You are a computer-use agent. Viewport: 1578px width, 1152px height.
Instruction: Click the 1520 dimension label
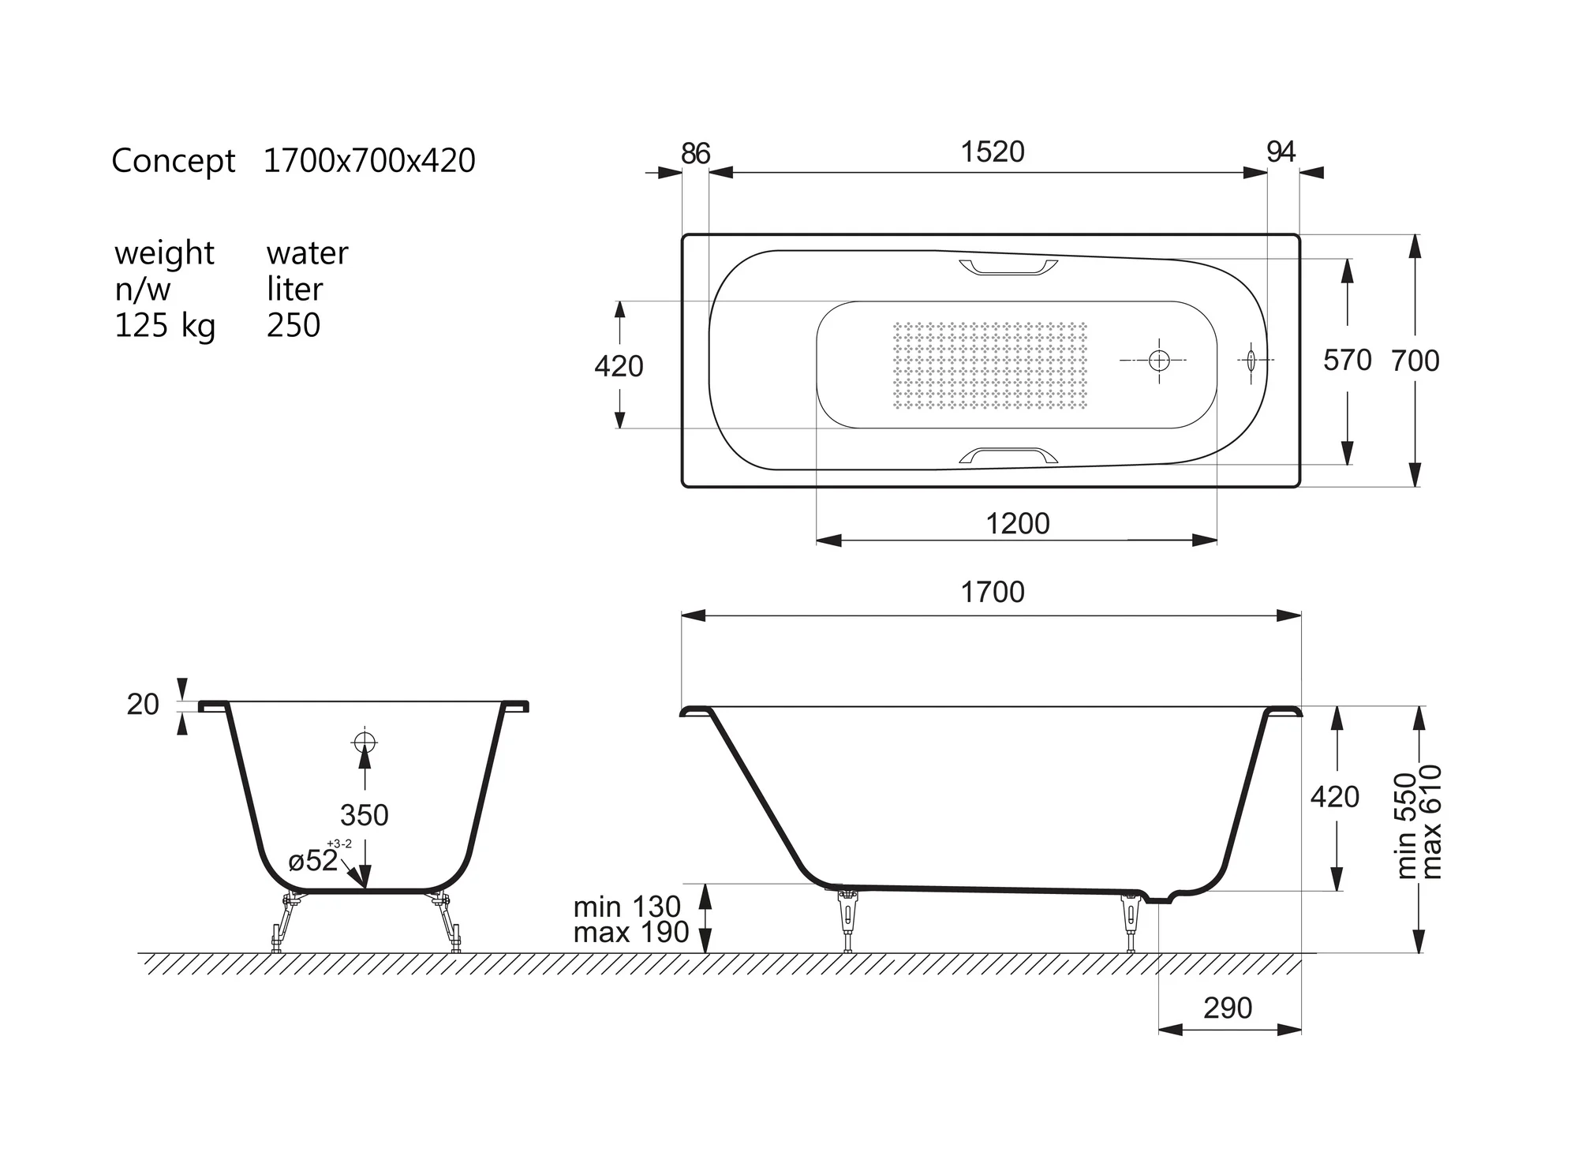(x=993, y=151)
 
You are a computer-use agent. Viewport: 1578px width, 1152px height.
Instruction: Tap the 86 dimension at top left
(x=695, y=153)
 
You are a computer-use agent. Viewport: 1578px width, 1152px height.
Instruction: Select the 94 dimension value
(x=1281, y=151)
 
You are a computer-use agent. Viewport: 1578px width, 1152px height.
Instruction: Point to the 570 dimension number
(x=1348, y=360)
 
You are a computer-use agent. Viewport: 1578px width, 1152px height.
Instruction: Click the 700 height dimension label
(x=1415, y=361)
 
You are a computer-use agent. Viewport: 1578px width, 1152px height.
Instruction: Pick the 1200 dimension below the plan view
(x=1018, y=523)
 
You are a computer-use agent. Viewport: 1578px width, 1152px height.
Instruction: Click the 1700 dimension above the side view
(x=993, y=592)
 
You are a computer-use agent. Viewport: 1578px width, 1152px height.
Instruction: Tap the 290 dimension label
(x=1228, y=1008)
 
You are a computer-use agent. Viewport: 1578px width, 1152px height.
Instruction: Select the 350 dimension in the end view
(x=364, y=814)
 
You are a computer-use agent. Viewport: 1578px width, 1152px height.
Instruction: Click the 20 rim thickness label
(x=143, y=704)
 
